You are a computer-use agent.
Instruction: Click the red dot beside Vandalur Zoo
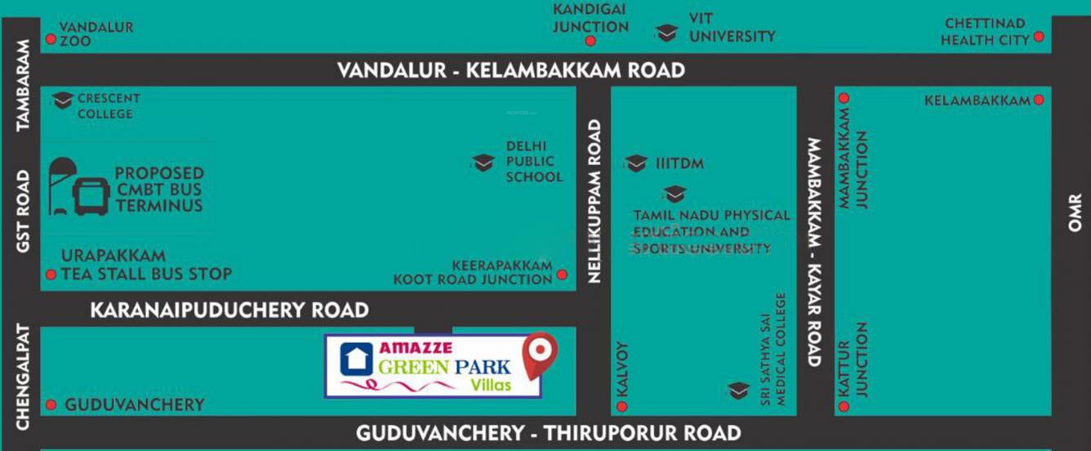(x=51, y=39)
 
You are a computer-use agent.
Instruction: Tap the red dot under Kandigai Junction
(x=590, y=41)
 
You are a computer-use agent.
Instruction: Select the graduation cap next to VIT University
(x=666, y=33)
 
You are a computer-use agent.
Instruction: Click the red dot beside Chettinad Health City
(x=1039, y=37)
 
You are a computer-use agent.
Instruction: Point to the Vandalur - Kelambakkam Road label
(x=511, y=70)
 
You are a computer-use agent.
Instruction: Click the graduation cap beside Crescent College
(x=63, y=100)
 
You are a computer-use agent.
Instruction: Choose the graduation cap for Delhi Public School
(x=483, y=162)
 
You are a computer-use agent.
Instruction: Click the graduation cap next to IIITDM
(x=636, y=163)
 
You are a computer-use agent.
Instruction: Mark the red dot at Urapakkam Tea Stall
(x=51, y=275)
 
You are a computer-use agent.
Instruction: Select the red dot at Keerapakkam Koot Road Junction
(x=562, y=275)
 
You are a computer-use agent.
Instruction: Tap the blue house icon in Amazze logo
(x=356, y=359)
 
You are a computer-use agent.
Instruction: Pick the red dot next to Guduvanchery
(x=51, y=405)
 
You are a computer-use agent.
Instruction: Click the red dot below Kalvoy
(x=622, y=405)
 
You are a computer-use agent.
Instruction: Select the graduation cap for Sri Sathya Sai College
(x=738, y=391)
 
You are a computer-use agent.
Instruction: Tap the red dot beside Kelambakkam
(x=1039, y=100)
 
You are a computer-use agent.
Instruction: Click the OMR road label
(x=1075, y=212)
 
